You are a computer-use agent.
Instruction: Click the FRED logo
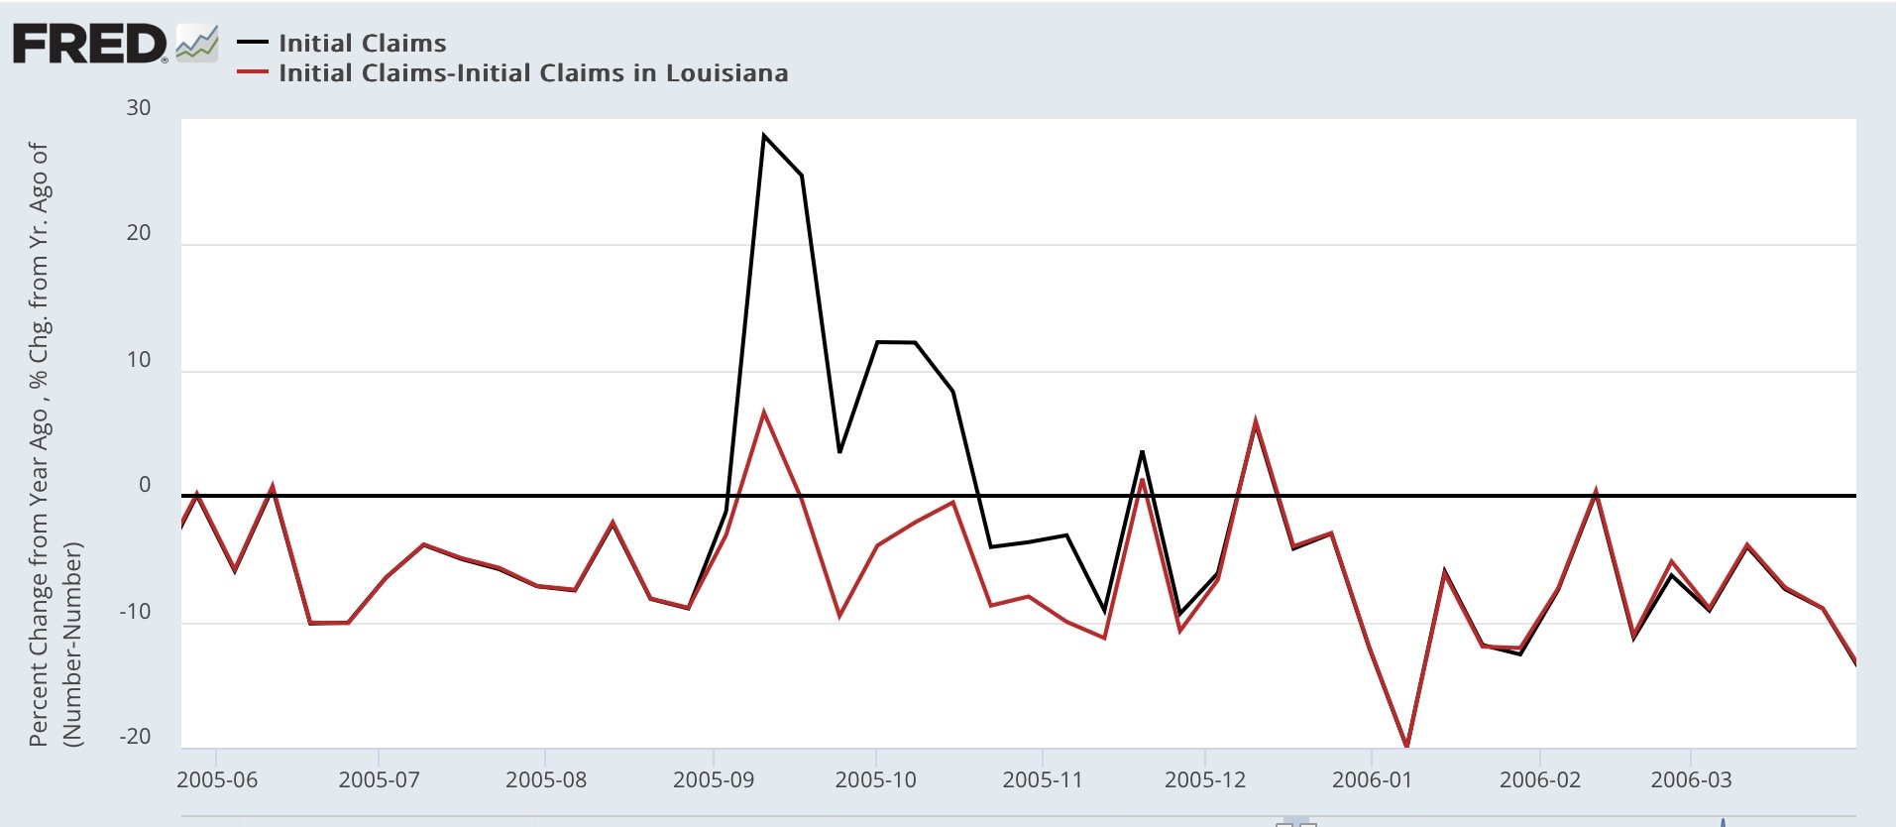pyautogui.click(x=89, y=44)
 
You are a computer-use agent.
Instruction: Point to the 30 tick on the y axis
pyautogui.click(x=139, y=108)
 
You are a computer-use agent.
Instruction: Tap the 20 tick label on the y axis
pyautogui.click(x=139, y=233)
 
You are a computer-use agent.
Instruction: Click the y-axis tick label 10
pyautogui.click(x=139, y=360)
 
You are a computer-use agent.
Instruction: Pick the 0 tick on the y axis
pyautogui.click(x=145, y=485)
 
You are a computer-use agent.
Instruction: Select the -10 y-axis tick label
pyautogui.click(x=135, y=612)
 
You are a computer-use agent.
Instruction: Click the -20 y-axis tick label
pyautogui.click(x=135, y=737)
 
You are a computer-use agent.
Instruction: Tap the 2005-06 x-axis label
pyautogui.click(x=217, y=779)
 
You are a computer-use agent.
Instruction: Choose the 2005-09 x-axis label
pyautogui.click(x=714, y=779)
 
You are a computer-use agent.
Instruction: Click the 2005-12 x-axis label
pyautogui.click(x=1205, y=779)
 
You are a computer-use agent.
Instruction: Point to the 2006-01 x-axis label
pyautogui.click(x=1373, y=779)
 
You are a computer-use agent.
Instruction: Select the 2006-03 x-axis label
pyautogui.click(x=1692, y=779)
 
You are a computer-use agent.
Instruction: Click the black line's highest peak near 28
pyautogui.click(x=763, y=135)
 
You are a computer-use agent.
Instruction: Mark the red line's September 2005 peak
pyautogui.click(x=763, y=411)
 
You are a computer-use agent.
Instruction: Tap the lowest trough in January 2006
pyautogui.click(x=1407, y=746)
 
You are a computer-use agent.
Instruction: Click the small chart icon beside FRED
pyautogui.click(x=196, y=44)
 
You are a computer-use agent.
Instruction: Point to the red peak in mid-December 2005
pyautogui.click(x=1256, y=421)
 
